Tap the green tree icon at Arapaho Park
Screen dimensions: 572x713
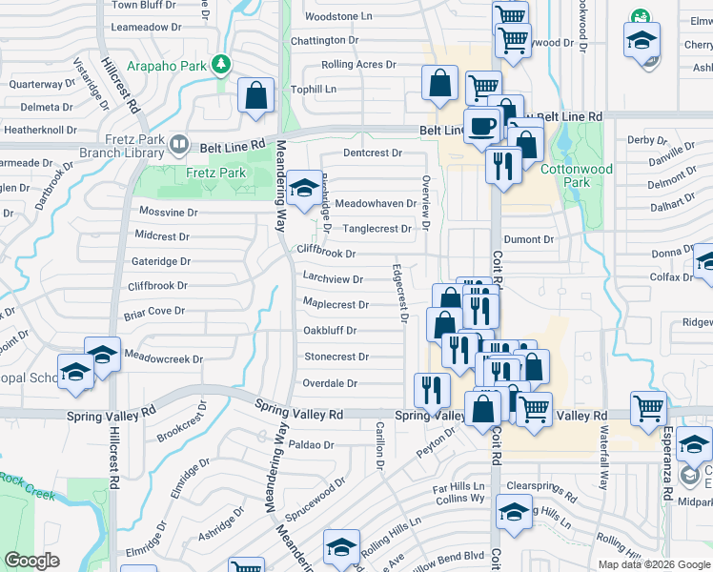click(221, 64)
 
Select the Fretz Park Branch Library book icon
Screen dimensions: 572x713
click(179, 145)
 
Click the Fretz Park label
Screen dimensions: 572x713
click(215, 173)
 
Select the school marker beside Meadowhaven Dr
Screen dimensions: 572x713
click(304, 188)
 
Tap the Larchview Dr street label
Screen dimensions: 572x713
click(333, 279)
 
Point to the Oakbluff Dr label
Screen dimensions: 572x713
click(330, 331)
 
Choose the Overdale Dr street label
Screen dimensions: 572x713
click(330, 383)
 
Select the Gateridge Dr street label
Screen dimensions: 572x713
click(161, 260)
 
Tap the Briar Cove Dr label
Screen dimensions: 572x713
click(153, 311)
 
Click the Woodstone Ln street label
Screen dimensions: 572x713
click(338, 17)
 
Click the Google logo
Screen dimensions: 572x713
click(31, 561)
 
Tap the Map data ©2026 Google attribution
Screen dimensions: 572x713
click(654, 564)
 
